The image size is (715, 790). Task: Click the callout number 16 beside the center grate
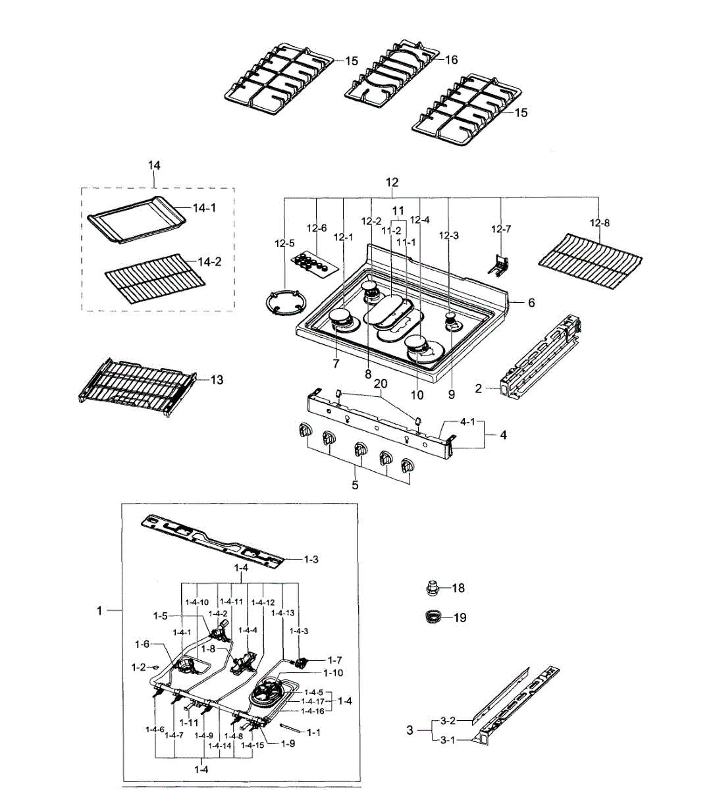coord(452,60)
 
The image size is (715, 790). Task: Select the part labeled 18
coord(433,587)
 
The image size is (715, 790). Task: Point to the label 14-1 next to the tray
coord(205,208)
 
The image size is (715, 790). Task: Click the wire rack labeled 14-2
coord(155,278)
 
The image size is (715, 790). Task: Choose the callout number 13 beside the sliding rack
coord(217,380)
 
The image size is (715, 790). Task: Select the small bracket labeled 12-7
coord(498,265)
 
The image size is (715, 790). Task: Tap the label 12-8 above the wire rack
coord(600,223)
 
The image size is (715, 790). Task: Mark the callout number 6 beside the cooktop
coord(531,302)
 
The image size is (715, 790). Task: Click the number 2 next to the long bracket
coord(478,388)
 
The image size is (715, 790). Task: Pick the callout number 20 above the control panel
coord(381,383)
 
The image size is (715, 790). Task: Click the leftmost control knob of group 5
coord(304,429)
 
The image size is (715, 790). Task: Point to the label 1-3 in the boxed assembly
coord(311,559)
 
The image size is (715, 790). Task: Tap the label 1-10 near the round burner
coord(333,673)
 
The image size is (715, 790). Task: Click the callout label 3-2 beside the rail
coord(448,721)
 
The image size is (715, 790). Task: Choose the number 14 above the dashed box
coord(154,165)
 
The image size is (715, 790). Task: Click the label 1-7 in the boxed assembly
coord(334,660)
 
